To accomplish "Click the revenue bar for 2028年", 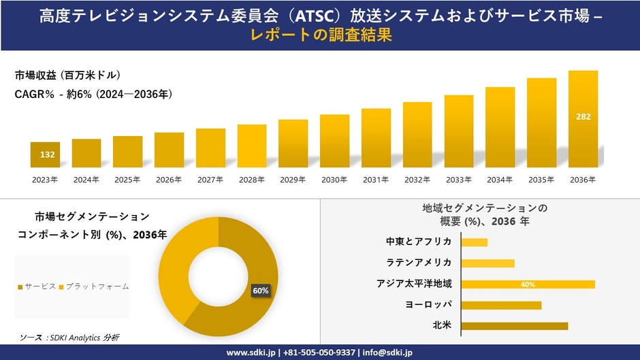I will pos(252,146).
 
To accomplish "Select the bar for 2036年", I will pos(583,119).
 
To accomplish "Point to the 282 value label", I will pos(583,117).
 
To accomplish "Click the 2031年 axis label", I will pos(376,180).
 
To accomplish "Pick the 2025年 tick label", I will pos(127,180).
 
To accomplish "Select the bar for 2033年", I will pos(459,131).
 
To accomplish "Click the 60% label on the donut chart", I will pos(261,291).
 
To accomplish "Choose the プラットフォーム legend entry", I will pos(94,287).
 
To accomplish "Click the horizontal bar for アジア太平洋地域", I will pos(528,284).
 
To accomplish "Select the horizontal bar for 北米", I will pos(514,326).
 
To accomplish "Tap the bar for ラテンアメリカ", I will pos(487,263).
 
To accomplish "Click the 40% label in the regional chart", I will pos(528,284).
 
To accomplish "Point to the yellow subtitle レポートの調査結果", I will pos(319,35).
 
